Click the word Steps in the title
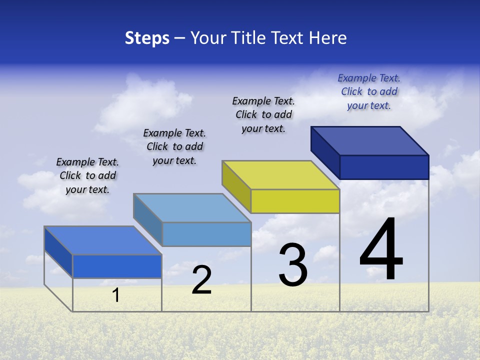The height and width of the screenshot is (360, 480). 147,38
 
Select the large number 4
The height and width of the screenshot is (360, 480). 381,249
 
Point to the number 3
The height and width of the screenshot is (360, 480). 293,265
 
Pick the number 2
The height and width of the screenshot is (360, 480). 201,280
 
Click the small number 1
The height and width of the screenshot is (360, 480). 116,295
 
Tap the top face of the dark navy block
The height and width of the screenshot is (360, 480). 370,140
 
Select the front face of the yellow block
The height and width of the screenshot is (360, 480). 295,201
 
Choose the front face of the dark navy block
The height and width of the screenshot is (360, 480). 384,167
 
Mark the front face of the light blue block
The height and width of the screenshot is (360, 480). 206,234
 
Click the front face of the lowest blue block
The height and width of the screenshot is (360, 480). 117,266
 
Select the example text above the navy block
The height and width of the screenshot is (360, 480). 369,91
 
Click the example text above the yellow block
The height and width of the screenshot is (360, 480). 263,114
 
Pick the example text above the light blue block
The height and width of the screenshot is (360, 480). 174,146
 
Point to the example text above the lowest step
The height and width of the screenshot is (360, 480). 87,175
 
